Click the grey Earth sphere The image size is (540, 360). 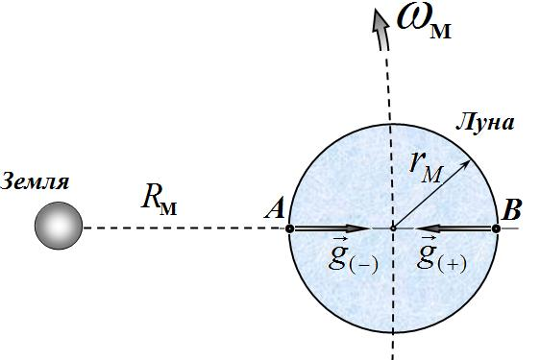(59, 226)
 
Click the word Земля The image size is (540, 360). (35, 181)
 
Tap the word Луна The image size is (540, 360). (485, 123)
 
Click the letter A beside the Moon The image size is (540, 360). (275, 207)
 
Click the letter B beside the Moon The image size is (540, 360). (511, 209)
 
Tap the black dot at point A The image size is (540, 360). (290, 228)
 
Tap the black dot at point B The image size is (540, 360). (496, 228)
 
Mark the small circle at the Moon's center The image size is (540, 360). (393, 228)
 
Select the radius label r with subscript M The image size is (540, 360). (426, 168)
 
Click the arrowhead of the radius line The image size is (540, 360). (465, 164)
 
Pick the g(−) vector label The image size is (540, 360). (353, 256)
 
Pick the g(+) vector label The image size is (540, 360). (441, 255)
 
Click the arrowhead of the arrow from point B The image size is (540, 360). (428, 228)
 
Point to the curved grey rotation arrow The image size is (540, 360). (381, 30)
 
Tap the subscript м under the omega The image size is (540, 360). (440, 32)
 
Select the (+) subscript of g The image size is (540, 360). (452, 264)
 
